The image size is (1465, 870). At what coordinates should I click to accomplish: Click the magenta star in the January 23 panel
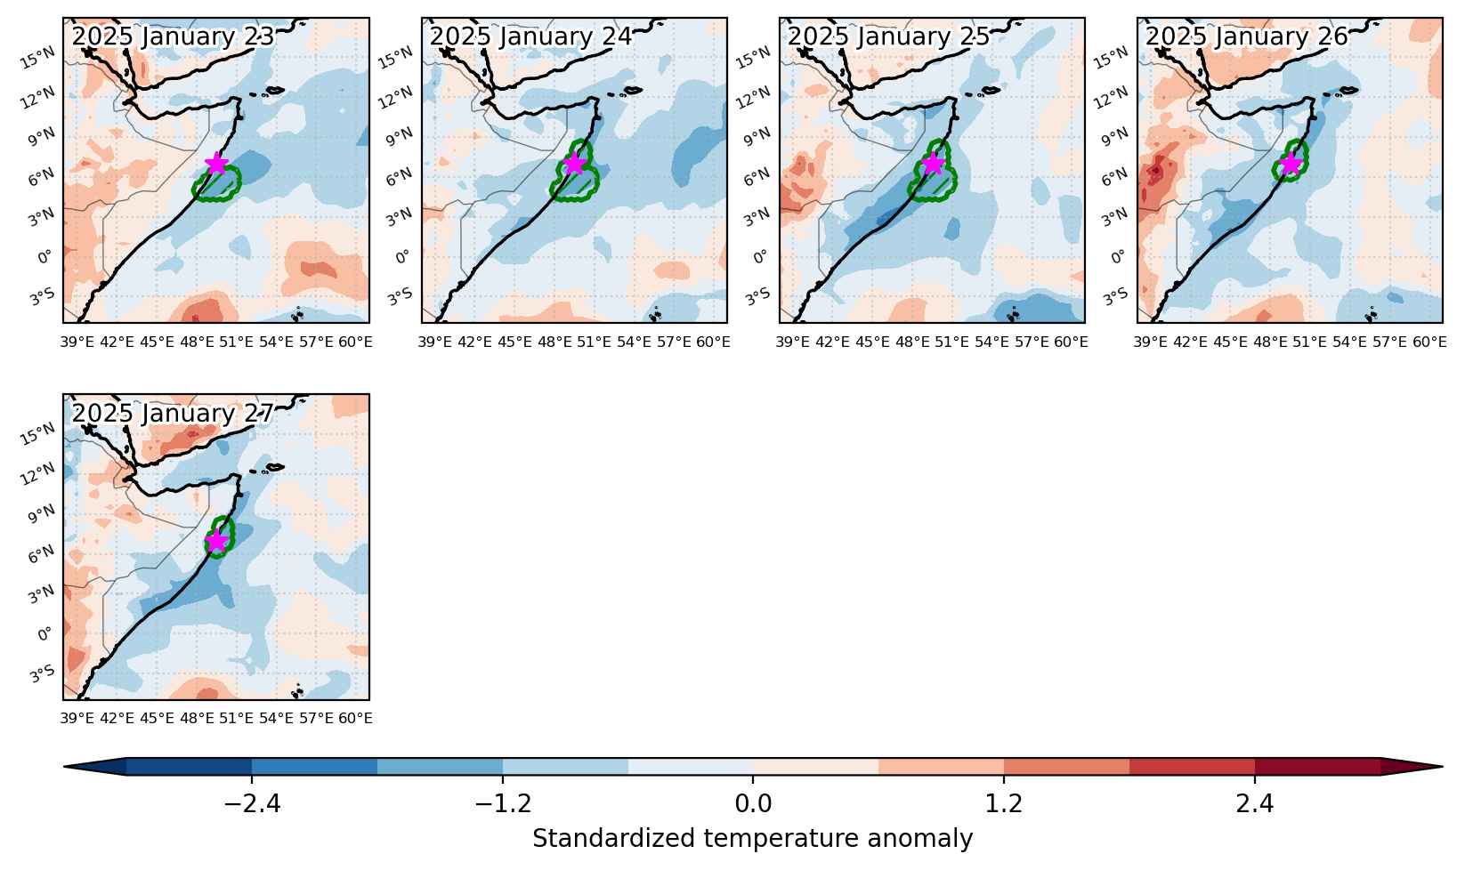coord(216,164)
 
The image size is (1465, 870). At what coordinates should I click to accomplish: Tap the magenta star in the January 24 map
coord(574,164)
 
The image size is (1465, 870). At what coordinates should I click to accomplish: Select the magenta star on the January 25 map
coord(934,164)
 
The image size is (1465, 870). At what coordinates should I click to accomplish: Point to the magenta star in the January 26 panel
coord(1291,164)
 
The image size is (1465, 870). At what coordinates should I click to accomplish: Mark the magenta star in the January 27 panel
coord(216,541)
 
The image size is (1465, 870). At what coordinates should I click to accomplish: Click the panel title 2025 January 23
coord(173,36)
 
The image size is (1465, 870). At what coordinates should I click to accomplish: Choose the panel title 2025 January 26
coord(1247,36)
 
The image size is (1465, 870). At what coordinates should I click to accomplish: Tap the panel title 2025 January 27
coord(173,414)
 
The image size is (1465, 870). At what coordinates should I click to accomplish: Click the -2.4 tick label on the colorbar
coord(252,803)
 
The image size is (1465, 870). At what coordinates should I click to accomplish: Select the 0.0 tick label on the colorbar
coord(753,803)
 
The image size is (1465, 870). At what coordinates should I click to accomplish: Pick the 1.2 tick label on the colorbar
coord(1004,803)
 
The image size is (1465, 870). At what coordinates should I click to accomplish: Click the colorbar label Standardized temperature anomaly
coord(752,839)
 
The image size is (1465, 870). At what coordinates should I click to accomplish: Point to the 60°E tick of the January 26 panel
coord(1429,342)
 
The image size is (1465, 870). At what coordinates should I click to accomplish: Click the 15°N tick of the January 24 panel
coord(396,58)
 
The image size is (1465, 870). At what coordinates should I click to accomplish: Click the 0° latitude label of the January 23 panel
coord(45,257)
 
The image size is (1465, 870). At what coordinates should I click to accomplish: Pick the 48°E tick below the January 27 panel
coord(197,719)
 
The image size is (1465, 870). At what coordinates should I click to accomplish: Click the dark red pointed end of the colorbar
coord(1412,768)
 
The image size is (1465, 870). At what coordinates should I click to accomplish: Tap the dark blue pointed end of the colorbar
coord(95,768)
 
